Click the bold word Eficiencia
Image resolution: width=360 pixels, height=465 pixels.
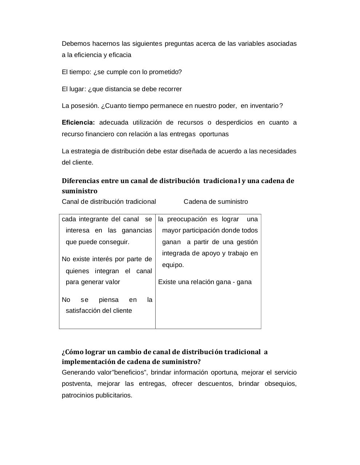(x=78, y=122)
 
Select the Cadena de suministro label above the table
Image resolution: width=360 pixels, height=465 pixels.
(x=216, y=202)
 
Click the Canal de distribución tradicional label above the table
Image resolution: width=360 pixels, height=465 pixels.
(x=109, y=202)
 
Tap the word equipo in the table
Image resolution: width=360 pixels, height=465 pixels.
(x=173, y=265)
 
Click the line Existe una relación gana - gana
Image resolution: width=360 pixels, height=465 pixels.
(x=205, y=282)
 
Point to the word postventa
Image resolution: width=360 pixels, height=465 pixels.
(x=77, y=384)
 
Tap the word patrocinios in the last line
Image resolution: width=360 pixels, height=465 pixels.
(x=78, y=395)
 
